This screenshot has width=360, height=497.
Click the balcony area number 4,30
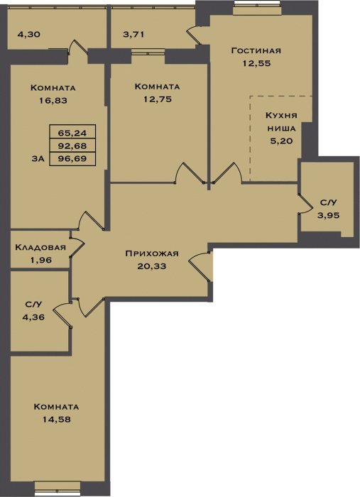[x=29, y=34]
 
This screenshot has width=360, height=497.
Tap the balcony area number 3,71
[x=133, y=34]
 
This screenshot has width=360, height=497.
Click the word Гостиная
[x=256, y=50]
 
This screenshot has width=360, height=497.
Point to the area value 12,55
[x=257, y=63]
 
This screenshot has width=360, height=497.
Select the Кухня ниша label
[x=281, y=121]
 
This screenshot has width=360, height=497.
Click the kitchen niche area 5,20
[x=281, y=141]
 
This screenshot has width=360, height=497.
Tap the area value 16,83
[x=53, y=101]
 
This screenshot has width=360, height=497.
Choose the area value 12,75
[x=158, y=99]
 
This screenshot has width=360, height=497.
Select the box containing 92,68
[x=72, y=146]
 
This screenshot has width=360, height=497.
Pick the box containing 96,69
[x=72, y=159]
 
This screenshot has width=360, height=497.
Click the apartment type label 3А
[x=38, y=159]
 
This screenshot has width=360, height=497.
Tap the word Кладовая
[x=40, y=247]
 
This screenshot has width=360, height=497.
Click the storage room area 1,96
[x=41, y=260]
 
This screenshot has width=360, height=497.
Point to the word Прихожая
[x=152, y=253]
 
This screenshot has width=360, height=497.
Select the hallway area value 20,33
[x=152, y=266]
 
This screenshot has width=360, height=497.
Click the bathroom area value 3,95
[x=329, y=215]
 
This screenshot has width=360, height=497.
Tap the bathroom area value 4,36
[x=33, y=317]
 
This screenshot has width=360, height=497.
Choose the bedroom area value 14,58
[x=57, y=420]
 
